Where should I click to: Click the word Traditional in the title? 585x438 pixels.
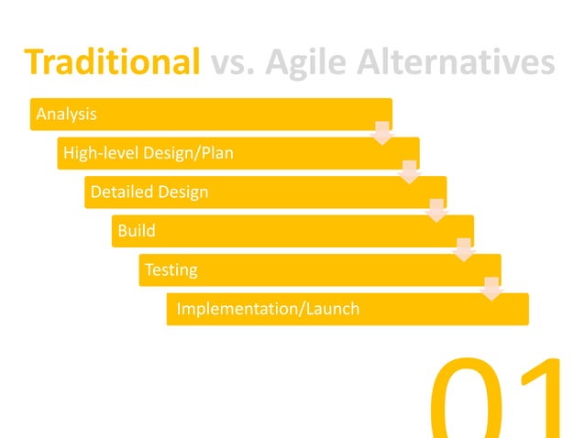coord(112,62)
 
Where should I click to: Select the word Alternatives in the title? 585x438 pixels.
coord(462,62)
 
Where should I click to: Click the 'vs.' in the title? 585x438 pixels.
coord(234,62)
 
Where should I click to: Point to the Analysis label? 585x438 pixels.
coord(66,115)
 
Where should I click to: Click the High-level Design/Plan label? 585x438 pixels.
coord(148,153)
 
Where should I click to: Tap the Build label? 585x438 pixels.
coord(136,231)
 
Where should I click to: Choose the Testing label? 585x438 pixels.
coord(171,270)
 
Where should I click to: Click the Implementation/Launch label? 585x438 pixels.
coord(268,309)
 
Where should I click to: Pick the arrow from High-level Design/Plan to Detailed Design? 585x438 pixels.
coord(410,171)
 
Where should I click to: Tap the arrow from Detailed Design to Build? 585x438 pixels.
coord(437,211)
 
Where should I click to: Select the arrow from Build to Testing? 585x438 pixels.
coord(465,249)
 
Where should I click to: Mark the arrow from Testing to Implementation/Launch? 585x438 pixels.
coord(492,289)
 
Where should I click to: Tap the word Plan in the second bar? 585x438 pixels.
coord(216,153)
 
